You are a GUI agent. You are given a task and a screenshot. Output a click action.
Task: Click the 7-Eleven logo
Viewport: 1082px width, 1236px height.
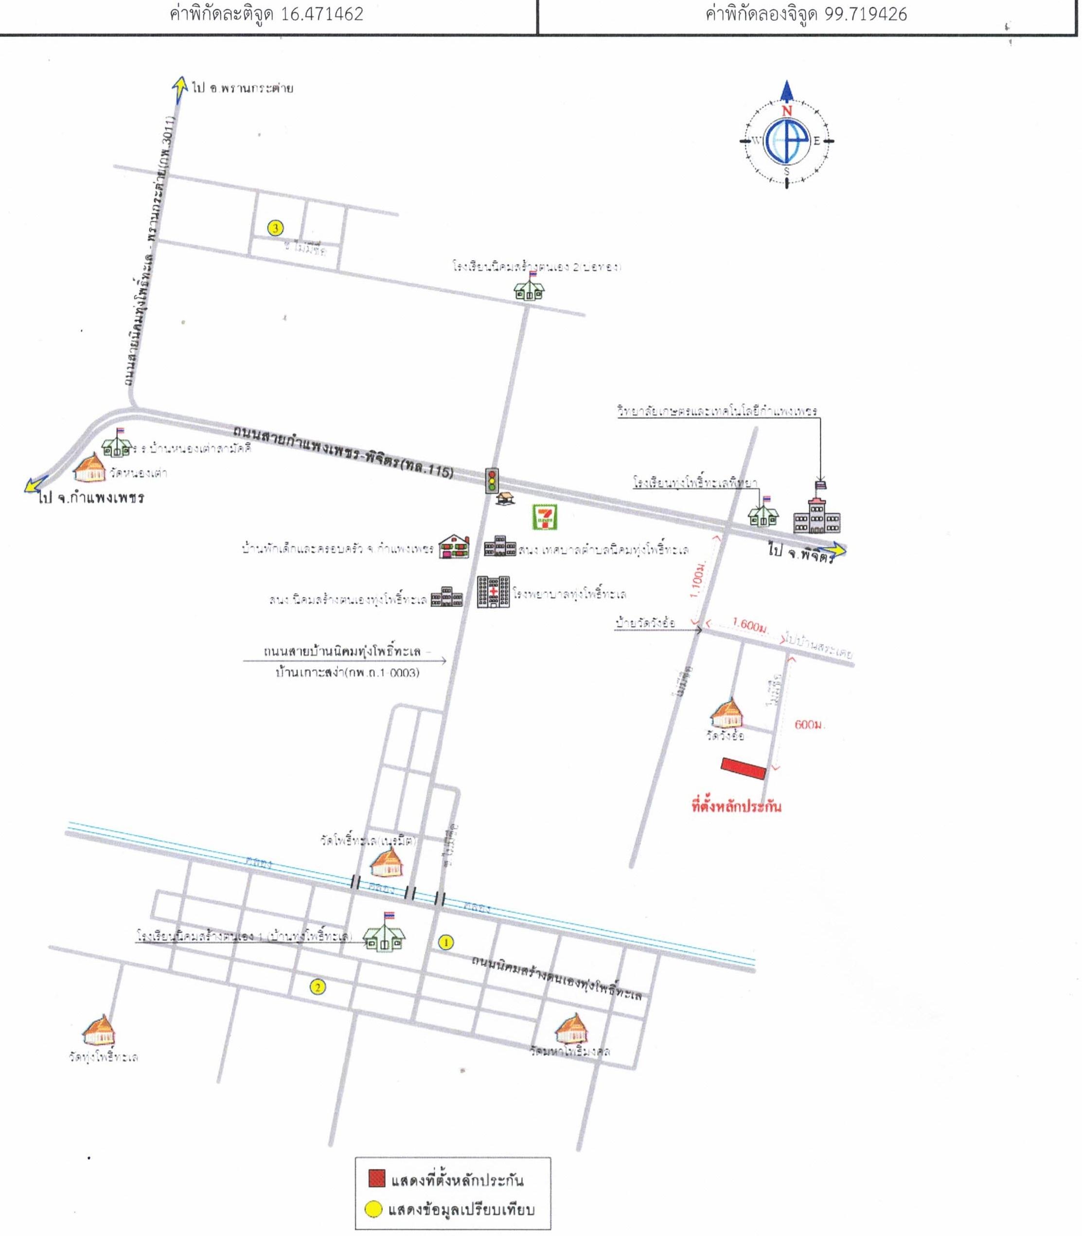pyautogui.click(x=545, y=518)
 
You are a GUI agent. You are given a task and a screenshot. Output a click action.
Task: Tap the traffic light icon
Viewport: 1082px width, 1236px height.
pyautogui.click(x=493, y=481)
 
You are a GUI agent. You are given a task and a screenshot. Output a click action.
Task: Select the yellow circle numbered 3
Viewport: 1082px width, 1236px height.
pyautogui.click(x=275, y=228)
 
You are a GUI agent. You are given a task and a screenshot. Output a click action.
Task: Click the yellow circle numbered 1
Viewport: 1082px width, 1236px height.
pyautogui.click(x=445, y=941)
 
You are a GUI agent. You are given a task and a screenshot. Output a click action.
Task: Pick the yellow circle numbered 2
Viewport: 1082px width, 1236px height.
pyautogui.click(x=317, y=987)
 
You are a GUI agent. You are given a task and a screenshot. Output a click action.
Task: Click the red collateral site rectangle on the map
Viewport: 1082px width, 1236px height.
pyautogui.click(x=743, y=769)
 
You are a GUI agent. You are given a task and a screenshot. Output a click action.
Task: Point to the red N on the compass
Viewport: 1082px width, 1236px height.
pyautogui.click(x=787, y=111)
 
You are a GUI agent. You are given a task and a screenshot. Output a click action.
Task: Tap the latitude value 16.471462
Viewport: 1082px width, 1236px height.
pyautogui.click(x=322, y=15)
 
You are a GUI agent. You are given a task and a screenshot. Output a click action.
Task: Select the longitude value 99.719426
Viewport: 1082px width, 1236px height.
pyautogui.click(x=865, y=15)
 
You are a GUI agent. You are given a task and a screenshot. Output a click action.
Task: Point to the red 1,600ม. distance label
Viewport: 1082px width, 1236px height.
pyautogui.click(x=749, y=626)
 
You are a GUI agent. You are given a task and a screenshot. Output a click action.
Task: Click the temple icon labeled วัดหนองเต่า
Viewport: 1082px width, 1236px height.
pyautogui.click(x=90, y=468)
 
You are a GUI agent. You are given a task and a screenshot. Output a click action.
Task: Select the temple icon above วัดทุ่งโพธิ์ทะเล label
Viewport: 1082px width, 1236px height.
pyautogui.click(x=99, y=1032)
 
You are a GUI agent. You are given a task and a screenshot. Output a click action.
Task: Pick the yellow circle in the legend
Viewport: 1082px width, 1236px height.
pyautogui.click(x=375, y=1209)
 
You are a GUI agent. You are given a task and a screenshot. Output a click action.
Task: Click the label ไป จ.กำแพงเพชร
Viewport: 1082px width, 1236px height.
pyautogui.click(x=90, y=498)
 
